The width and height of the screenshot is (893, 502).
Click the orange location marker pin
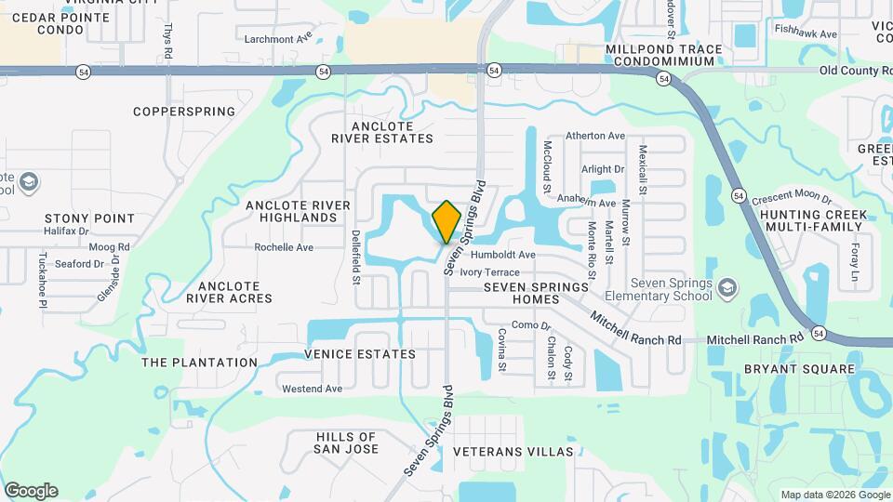[446, 220]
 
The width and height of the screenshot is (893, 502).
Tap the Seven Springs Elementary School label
[671, 289]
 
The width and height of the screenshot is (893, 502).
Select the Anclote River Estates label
[382, 132]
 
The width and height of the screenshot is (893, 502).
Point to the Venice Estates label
[360, 354]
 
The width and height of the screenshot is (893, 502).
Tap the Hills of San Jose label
[347, 443]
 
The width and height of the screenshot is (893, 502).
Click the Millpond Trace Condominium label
[661, 55]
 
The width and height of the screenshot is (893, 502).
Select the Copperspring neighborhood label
[184, 112]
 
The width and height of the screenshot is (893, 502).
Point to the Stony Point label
[89, 218]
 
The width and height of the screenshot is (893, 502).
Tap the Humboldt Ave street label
[503, 255]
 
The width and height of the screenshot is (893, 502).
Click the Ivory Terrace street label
[490, 271]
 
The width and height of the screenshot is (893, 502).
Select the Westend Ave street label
[312, 389]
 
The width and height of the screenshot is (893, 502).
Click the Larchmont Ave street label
[278, 39]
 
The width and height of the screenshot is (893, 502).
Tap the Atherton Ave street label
[595, 136]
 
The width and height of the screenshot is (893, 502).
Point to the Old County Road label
[855, 71]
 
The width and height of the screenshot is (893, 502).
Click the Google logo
[31, 491]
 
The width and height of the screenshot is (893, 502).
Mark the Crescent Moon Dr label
[791, 197]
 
